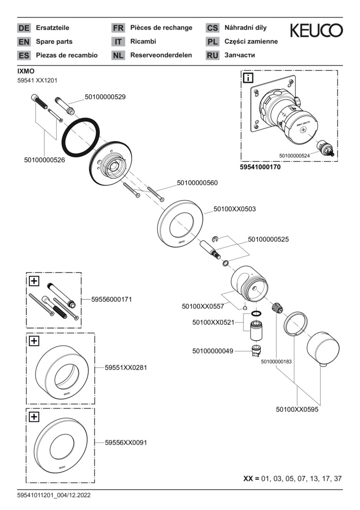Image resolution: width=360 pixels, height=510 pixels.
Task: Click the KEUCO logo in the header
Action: (x=316, y=31)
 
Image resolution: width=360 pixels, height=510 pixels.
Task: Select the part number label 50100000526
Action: (x=44, y=160)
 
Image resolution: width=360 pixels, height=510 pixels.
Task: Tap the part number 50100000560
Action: (x=198, y=183)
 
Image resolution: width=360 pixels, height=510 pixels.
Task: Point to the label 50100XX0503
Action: (x=234, y=209)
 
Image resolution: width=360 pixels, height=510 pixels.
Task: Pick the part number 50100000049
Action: (x=213, y=351)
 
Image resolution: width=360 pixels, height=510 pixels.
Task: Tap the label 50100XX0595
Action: (x=297, y=410)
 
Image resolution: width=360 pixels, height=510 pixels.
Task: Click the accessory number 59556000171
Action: (x=111, y=299)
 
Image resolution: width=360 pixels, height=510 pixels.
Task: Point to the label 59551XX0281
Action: (x=126, y=367)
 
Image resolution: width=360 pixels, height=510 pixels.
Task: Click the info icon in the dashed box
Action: (x=248, y=77)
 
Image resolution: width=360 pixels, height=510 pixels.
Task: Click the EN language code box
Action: (x=24, y=42)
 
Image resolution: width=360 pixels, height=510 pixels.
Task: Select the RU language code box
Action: (x=212, y=55)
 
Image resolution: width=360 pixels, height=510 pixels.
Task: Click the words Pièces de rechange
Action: (x=161, y=28)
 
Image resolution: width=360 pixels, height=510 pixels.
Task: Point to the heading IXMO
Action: (x=26, y=71)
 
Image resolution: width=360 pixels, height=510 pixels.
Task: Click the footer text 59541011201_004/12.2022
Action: (x=54, y=495)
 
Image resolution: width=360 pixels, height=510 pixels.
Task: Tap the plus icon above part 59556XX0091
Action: (x=34, y=416)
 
